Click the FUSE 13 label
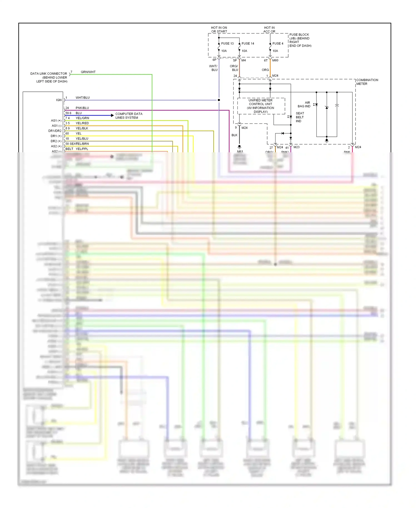[x=227, y=44]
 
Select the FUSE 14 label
[x=248, y=44]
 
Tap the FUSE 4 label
[x=278, y=44]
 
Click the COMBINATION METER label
[x=367, y=82]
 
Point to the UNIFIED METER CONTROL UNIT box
[x=261, y=106]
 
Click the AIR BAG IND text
[x=304, y=104]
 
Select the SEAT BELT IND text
[x=300, y=117]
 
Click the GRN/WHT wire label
[x=88, y=72]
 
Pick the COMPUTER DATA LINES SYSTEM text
[x=129, y=116]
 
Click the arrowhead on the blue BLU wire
[x=112, y=115]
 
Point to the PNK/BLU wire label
[x=82, y=108]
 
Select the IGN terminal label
[x=59, y=100]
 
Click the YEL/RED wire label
[x=82, y=123]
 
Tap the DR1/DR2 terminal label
[x=55, y=131]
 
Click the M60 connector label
[x=275, y=60]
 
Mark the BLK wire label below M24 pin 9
[x=234, y=135]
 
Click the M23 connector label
[x=296, y=147]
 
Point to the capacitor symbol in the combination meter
[x=337, y=106]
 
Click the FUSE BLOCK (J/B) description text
[x=300, y=40]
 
